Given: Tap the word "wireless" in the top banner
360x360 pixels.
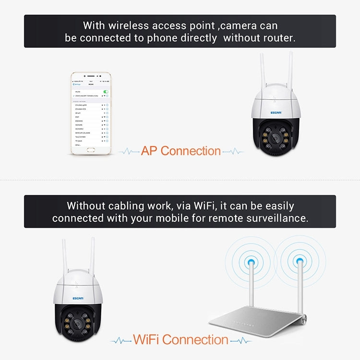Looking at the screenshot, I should click(128, 25).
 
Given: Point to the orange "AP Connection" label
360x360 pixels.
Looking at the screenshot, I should click(181, 151).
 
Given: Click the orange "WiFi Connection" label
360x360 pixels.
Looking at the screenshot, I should click(180, 340).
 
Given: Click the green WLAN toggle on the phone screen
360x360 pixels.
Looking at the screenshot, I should click(106, 91).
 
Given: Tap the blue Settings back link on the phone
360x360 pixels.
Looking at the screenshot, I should click(76, 84).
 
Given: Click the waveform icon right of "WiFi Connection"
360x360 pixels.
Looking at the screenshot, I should click(240, 340).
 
